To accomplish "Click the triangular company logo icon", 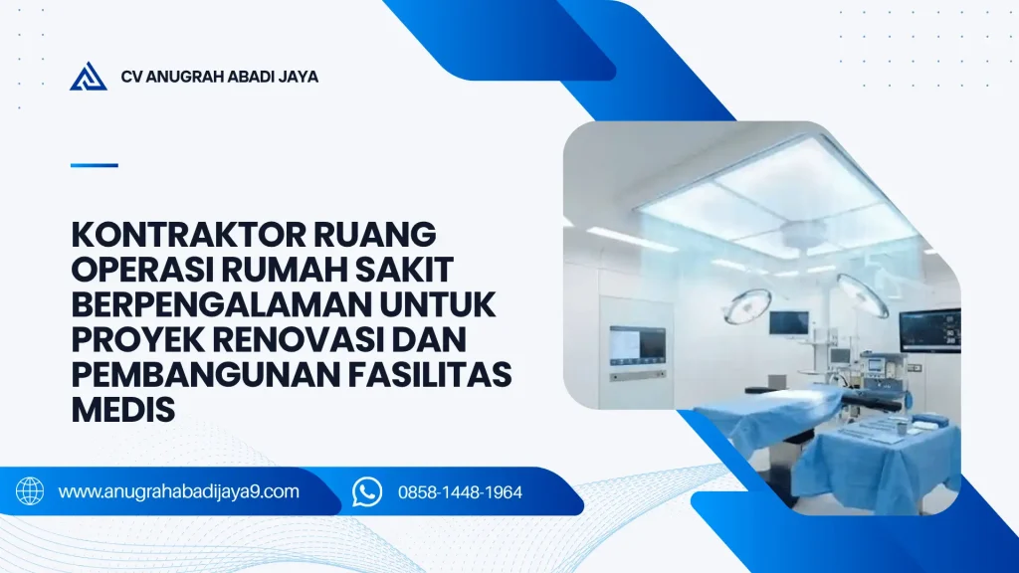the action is click(89, 77).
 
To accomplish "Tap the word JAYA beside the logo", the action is click(299, 77).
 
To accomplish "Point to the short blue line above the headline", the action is click(95, 166).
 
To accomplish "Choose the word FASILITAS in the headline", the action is click(430, 375).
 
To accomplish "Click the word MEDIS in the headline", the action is click(122, 410).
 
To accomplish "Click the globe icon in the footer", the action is click(30, 491).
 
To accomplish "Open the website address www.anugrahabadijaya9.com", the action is click(179, 491).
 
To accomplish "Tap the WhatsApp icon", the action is click(367, 491).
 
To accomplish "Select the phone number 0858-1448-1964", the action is click(460, 492).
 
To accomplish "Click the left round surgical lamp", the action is click(747, 305).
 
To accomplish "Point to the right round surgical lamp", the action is click(862, 294).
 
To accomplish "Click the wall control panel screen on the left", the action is click(637, 345).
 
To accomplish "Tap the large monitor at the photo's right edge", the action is click(930, 330).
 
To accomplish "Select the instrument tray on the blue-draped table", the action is click(875, 430).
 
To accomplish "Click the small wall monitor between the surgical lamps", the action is click(789, 322).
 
